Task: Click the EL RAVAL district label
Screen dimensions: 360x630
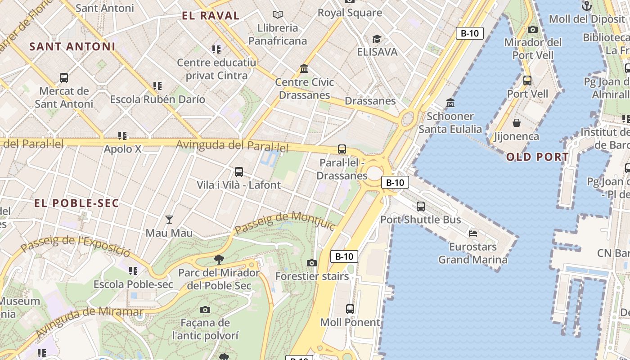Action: coord(210,16)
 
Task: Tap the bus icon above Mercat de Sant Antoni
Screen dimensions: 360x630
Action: coord(64,77)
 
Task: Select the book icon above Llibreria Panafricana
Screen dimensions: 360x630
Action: coord(278,15)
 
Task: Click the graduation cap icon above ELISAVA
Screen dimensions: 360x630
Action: coord(377,39)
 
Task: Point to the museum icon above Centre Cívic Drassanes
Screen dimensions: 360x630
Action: coord(304,69)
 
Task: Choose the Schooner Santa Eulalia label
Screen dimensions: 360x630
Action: coord(450,122)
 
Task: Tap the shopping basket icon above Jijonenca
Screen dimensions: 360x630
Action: coord(517,122)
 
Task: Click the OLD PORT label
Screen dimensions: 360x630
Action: coord(537,157)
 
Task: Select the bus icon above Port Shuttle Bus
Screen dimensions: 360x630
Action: coord(421,207)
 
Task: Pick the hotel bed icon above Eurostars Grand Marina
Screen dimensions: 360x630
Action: coord(472,233)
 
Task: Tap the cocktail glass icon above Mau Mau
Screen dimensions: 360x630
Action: coord(169,220)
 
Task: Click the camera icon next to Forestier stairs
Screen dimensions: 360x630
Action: coord(312,263)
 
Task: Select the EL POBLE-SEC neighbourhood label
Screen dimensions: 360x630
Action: coord(76,203)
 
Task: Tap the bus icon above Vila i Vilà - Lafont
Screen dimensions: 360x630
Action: coord(239,172)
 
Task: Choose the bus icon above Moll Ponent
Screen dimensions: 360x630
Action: coord(350,309)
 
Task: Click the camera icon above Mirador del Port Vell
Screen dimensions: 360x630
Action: coord(533,30)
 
